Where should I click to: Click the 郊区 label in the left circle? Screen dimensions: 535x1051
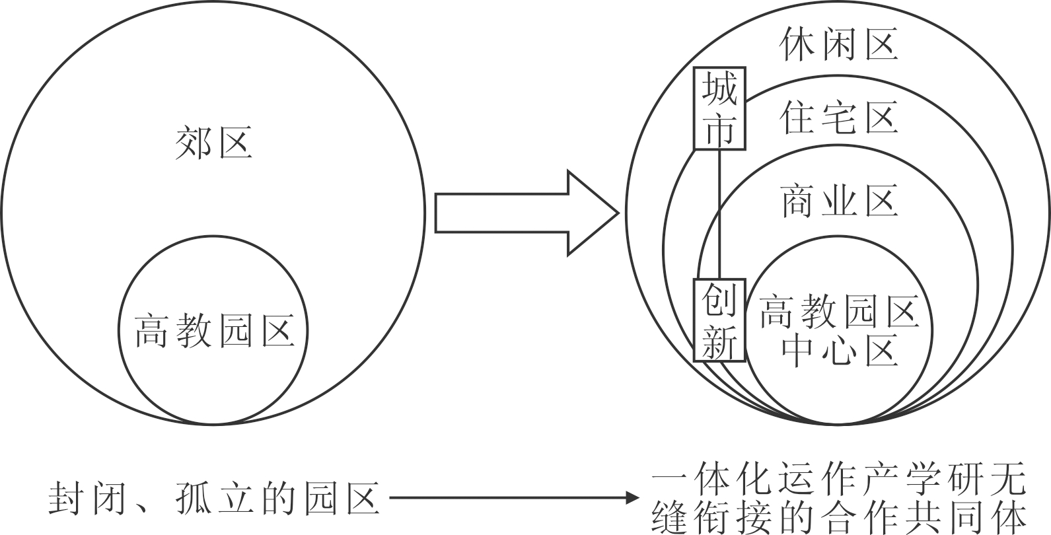pos(213,143)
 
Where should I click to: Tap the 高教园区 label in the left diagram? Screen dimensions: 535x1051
pos(214,331)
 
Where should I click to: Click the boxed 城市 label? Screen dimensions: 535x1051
pos(719,108)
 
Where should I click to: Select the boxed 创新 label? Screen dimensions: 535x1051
pos(719,320)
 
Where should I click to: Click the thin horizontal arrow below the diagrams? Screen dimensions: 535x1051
pos(515,497)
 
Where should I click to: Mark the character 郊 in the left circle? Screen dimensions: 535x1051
pos(194,143)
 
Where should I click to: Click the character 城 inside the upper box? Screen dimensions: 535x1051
pos(719,89)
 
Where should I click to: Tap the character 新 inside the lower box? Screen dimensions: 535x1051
pos(719,341)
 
